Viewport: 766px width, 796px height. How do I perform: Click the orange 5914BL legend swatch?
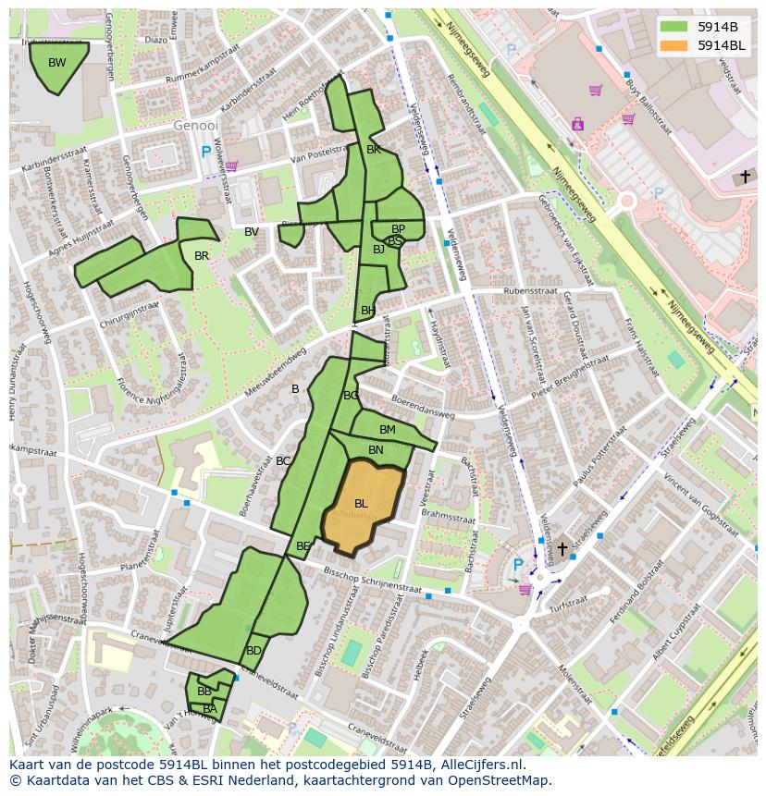point(673,45)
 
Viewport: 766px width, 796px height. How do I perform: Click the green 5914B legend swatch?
point(673,27)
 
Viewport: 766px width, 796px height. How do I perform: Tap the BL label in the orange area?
point(361,503)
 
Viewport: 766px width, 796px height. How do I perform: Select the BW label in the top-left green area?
point(57,63)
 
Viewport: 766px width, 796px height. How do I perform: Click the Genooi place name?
point(195,125)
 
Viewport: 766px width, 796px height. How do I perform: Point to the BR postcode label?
point(202,256)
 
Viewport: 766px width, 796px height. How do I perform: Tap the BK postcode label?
point(374,149)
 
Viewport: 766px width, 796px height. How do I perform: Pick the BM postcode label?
point(387,430)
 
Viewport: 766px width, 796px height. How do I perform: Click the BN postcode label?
point(376,450)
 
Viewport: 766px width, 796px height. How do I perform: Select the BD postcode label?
point(253,651)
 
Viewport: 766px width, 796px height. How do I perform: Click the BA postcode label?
point(210,709)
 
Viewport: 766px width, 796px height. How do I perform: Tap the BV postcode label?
point(252,232)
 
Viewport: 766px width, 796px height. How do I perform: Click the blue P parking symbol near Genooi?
point(205,152)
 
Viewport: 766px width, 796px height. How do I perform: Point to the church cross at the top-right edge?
point(746,176)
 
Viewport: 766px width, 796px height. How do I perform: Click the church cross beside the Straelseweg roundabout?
point(562,548)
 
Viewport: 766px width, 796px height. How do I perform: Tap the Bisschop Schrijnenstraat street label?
point(372,582)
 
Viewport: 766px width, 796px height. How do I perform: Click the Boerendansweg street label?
point(422,408)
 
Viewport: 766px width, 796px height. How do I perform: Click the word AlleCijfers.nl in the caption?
point(478,765)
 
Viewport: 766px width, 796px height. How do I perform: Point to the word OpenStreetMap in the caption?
point(500,780)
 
